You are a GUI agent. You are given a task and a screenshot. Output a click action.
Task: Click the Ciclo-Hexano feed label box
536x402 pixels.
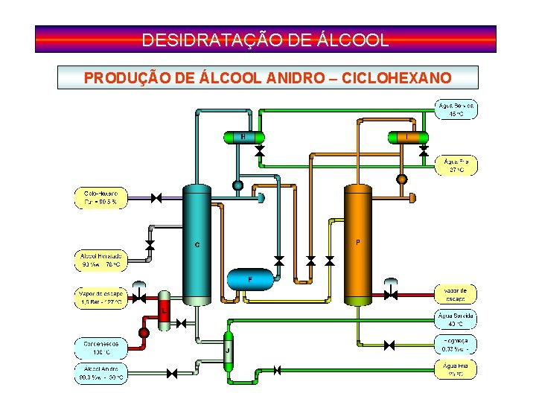[x=100, y=198]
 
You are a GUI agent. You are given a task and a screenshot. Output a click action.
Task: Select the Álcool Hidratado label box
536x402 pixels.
[x=100, y=260]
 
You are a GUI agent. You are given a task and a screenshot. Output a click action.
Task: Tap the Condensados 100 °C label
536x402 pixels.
[x=100, y=347]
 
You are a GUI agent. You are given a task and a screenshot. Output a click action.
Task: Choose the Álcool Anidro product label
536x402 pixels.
[x=100, y=373]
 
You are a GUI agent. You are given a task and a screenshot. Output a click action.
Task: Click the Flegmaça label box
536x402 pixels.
[x=455, y=344]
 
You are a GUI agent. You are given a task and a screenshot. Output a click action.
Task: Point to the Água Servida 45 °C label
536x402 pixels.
[x=455, y=110]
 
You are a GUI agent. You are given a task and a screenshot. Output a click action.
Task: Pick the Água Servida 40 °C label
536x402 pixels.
[x=455, y=319]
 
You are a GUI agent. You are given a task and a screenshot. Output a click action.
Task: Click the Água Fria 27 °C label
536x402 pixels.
[x=455, y=165]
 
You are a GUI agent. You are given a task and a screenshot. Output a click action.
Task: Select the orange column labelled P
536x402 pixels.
[x=357, y=244]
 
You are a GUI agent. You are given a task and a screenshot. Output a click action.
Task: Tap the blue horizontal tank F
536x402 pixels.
[x=250, y=280]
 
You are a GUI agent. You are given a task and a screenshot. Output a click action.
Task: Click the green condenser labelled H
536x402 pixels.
[x=243, y=137]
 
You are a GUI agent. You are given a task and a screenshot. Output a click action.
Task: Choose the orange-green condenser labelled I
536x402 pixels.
[x=407, y=137]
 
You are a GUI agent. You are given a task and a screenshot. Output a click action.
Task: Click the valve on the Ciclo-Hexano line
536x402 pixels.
[x=156, y=198]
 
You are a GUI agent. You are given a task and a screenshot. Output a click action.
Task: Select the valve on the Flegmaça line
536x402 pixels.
[x=389, y=345]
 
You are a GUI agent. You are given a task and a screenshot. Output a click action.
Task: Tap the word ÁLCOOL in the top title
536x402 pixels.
[x=353, y=39]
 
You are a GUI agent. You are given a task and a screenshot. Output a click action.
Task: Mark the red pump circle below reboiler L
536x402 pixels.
[x=144, y=332]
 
